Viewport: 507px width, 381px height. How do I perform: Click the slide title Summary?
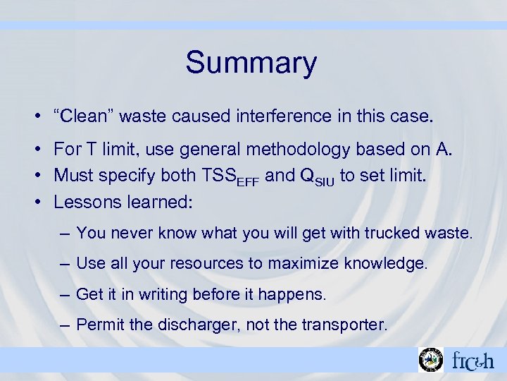[x=251, y=63]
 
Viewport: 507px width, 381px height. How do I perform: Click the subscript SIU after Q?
[x=326, y=179]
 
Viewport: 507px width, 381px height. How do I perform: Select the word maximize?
[x=306, y=264]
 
